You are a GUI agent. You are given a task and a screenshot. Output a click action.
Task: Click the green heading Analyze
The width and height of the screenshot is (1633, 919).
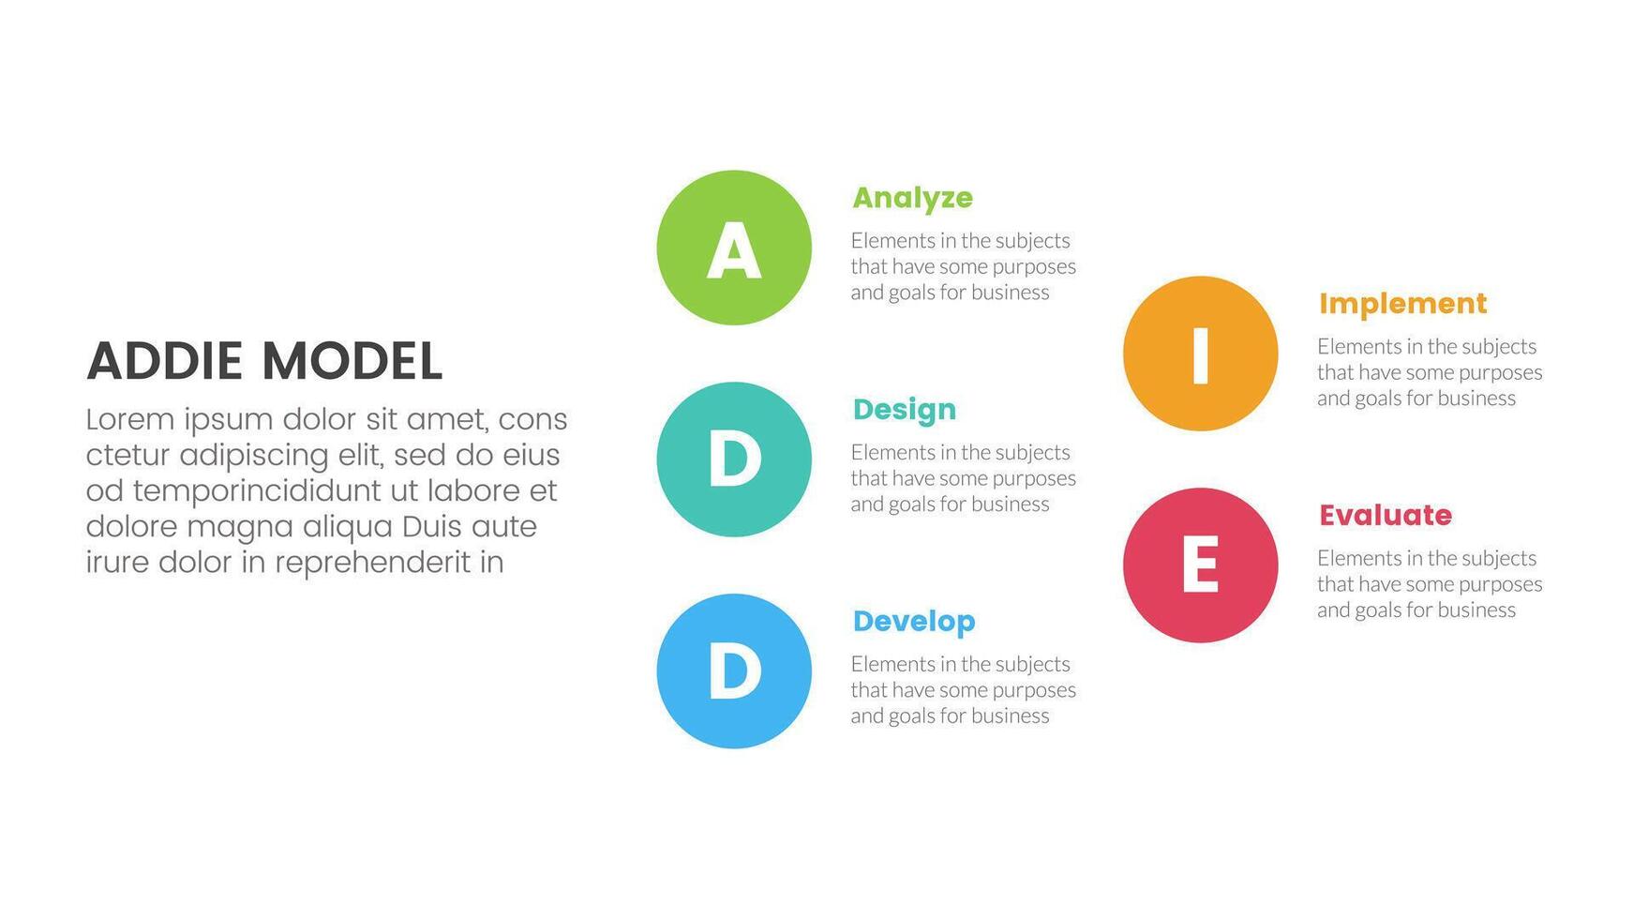tap(912, 198)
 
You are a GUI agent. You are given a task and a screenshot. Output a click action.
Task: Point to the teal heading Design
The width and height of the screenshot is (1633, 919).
tap(905, 410)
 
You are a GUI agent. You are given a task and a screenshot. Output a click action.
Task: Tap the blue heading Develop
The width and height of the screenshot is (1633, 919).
tap(914, 622)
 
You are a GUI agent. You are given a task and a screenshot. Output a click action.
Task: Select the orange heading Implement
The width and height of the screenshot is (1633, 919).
tap(1402, 304)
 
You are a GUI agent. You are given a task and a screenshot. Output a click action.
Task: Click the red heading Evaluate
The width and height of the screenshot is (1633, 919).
tap(1386, 516)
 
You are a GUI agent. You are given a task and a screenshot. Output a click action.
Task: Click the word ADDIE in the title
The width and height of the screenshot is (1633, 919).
tap(165, 362)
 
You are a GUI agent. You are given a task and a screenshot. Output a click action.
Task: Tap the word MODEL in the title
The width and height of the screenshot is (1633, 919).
tap(352, 362)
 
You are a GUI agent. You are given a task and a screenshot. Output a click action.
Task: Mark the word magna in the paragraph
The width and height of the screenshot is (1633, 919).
tap(240, 527)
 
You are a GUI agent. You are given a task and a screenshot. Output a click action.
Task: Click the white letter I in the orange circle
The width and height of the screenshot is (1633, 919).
tap(1200, 354)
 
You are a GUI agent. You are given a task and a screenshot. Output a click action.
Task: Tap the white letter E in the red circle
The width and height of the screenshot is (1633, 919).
tap(1200, 565)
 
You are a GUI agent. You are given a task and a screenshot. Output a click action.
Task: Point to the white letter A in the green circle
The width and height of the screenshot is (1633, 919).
tap(733, 250)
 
